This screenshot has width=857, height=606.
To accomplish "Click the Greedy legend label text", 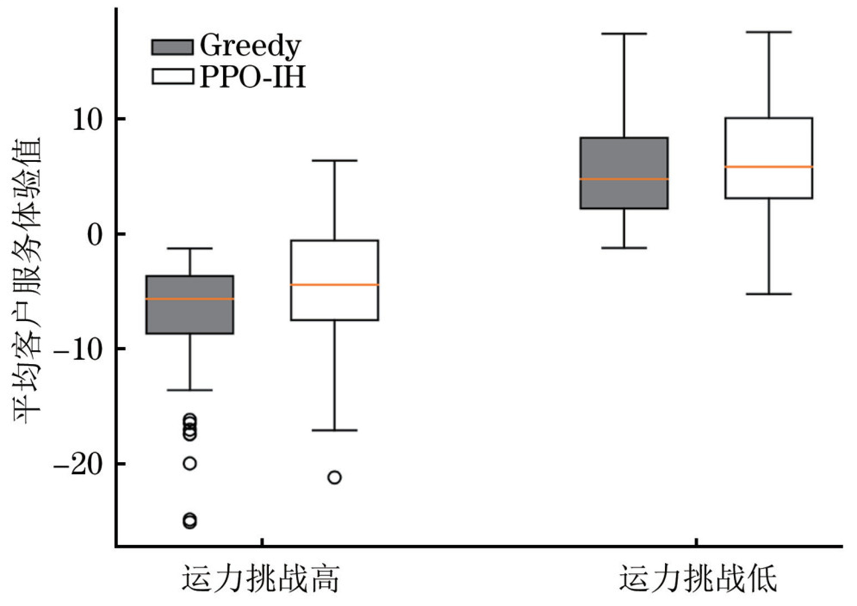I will pyautogui.click(x=250, y=46).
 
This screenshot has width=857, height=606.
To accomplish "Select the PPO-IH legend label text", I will pyautogui.click(x=253, y=77).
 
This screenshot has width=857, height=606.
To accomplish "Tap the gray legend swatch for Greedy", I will pyautogui.click(x=172, y=47).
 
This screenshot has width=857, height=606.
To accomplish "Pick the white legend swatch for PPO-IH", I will pyautogui.click(x=172, y=77).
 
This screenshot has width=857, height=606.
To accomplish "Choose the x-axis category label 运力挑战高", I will pyautogui.click(x=260, y=579).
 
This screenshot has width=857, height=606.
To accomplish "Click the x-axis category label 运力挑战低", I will pyautogui.click(x=698, y=579).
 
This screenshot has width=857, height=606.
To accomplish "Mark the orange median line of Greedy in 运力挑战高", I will pyautogui.click(x=190, y=299).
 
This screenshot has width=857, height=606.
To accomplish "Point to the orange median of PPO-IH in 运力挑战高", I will pyautogui.click(x=335, y=284).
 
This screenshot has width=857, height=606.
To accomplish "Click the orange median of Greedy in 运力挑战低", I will pyautogui.click(x=624, y=179).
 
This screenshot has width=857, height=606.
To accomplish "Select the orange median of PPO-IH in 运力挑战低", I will pyautogui.click(x=769, y=167).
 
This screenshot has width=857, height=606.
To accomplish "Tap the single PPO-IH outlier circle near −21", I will pyautogui.click(x=335, y=477).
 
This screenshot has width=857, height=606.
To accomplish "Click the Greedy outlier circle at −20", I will pyautogui.click(x=190, y=463).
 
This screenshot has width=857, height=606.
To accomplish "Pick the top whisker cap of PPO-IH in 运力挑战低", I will pyautogui.click(x=769, y=32).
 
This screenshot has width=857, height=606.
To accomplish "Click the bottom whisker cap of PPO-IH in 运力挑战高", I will pyautogui.click(x=335, y=430).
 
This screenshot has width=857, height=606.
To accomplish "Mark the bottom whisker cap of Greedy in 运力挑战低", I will pyautogui.click(x=624, y=248).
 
